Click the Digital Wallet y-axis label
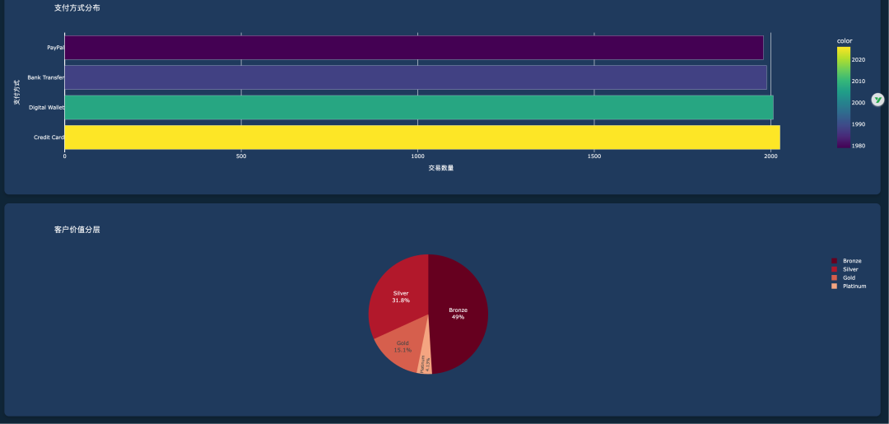[46, 107]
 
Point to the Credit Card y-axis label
[49, 137]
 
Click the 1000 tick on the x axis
[417, 156]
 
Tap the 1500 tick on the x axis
[594, 156]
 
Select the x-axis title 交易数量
[440, 168]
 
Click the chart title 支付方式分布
[77, 8]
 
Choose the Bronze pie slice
[459, 313]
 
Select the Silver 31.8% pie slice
[399, 296]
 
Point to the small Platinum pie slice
[424, 363]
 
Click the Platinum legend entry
[854, 286]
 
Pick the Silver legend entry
[849, 269]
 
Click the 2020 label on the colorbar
[858, 59]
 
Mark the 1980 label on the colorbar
[858, 146]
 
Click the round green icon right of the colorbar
[878, 99]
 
